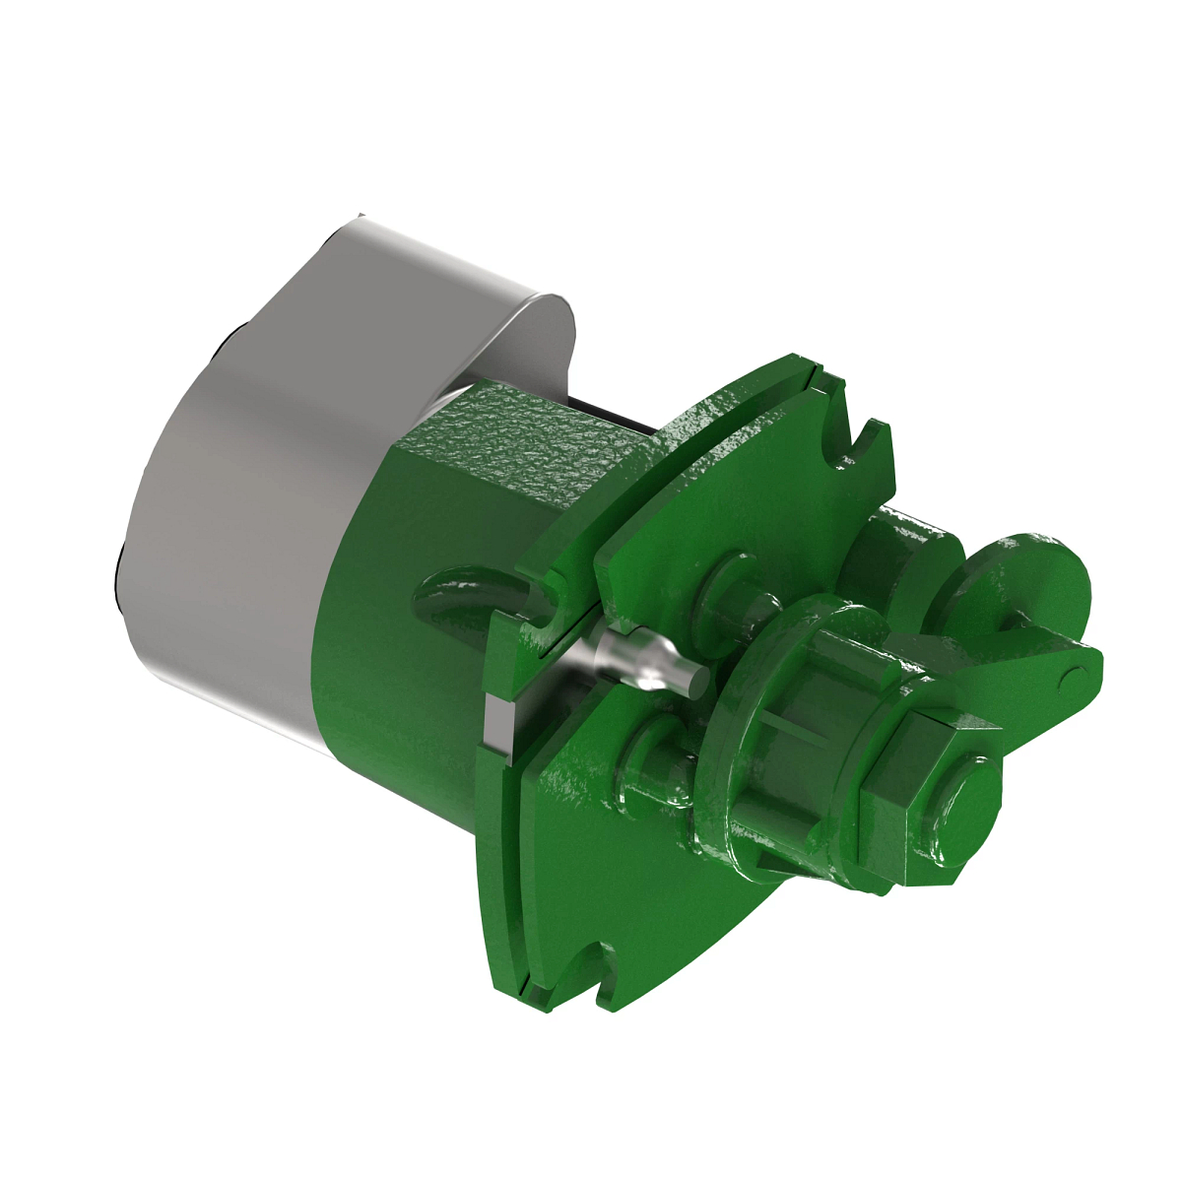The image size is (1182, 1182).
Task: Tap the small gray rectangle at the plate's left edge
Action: click(x=498, y=723)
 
